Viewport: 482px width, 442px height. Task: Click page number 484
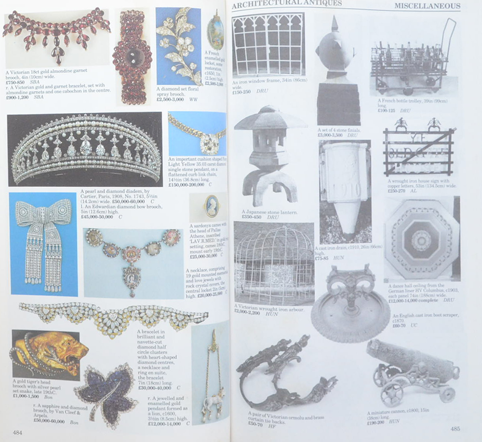coord(17,431)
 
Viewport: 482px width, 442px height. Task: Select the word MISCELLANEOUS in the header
coord(427,6)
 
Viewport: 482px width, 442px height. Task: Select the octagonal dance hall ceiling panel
coord(421,240)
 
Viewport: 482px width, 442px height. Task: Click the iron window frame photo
coord(268,44)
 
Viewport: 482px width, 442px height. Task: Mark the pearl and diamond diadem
coord(85,150)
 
